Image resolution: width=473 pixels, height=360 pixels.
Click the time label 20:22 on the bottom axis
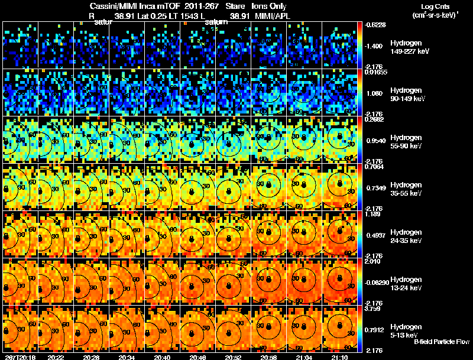click(56, 357)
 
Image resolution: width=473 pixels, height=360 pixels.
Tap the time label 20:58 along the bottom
click(269, 357)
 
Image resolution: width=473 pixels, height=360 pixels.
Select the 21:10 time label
click(341, 357)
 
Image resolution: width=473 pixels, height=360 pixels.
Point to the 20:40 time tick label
click(162, 357)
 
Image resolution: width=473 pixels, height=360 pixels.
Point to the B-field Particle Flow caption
click(441, 342)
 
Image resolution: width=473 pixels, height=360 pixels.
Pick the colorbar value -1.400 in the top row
click(375, 46)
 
